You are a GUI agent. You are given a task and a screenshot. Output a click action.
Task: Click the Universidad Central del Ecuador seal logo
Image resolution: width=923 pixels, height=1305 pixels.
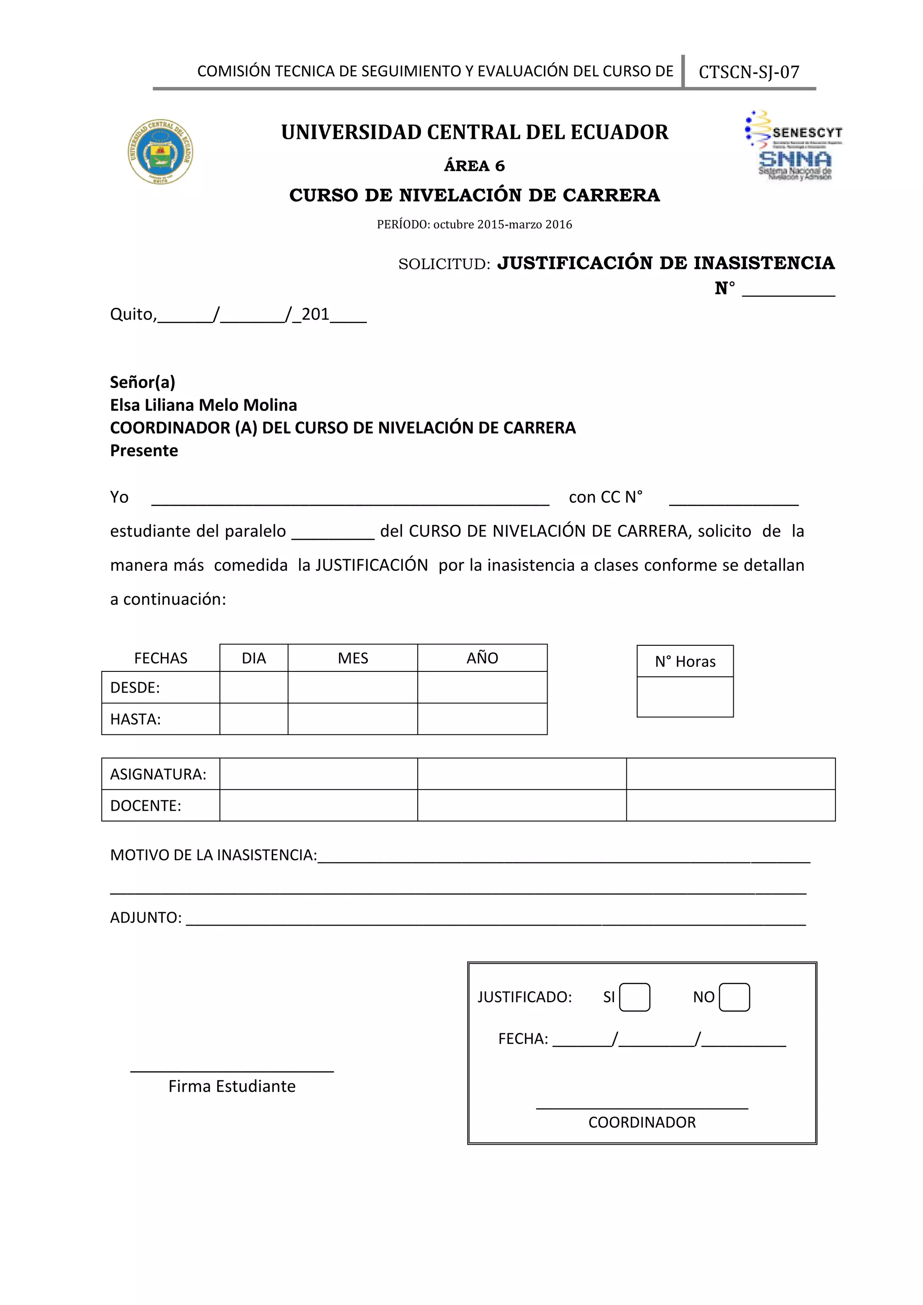click(160, 152)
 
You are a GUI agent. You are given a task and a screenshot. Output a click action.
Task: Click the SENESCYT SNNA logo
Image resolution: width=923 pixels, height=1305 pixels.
click(794, 146)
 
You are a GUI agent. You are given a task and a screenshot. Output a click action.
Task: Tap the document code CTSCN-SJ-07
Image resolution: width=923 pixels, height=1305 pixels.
click(749, 72)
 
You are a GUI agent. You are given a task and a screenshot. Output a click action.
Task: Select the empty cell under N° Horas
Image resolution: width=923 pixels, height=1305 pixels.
click(685, 696)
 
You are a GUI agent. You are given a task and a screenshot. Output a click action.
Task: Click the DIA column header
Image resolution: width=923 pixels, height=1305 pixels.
click(253, 658)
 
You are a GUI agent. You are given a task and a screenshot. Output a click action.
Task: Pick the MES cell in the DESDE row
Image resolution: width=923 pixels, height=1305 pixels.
click(352, 687)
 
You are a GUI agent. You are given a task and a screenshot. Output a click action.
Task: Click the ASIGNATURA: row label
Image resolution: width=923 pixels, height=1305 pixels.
click(159, 774)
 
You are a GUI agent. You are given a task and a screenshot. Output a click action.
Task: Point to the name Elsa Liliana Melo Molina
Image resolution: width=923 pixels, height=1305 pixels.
click(203, 405)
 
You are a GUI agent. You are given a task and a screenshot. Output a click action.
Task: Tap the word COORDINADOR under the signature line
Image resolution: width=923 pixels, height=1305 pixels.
click(642, 1122)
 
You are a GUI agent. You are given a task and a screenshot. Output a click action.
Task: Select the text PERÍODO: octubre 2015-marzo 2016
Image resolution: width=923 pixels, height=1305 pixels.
click(474, 224)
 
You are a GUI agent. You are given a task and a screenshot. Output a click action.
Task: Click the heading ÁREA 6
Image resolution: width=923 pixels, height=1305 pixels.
click(474, 166)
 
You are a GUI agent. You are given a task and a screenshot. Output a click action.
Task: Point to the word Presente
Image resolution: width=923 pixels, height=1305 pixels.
click(144, 451)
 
